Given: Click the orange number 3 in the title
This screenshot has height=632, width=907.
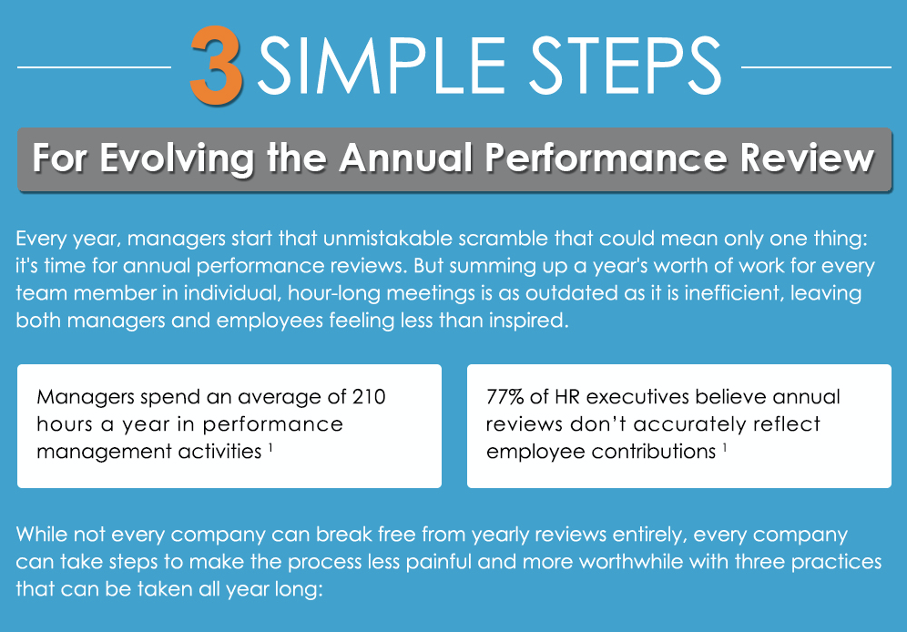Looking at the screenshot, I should (217, 65).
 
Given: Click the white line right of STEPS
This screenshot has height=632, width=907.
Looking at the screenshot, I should (816, 66).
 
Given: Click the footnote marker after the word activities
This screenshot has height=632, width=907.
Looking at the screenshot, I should (271, 446).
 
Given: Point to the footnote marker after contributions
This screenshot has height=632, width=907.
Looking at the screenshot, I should (725, 446).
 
